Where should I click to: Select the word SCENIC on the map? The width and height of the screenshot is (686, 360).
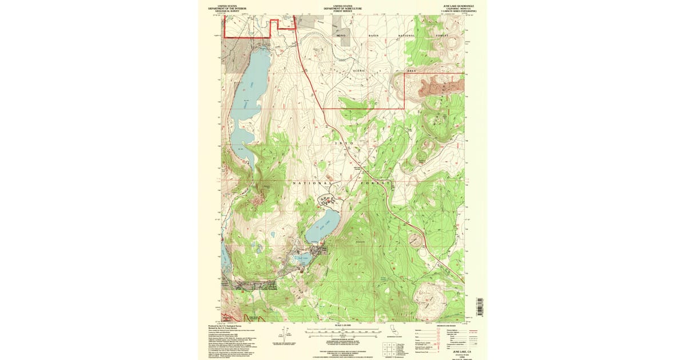pos(358,70)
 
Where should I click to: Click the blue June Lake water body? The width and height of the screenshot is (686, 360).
pos(321,227)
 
